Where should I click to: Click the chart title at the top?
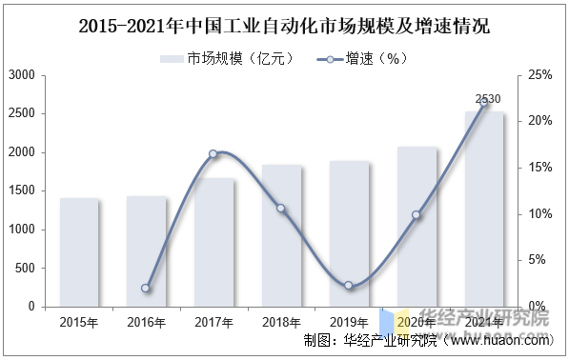click(x=284, y=24)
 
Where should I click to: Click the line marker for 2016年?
click(x=146, y=288)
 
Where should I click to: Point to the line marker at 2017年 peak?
click(x=213, y=153)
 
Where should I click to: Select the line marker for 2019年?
click(x=349, y=285)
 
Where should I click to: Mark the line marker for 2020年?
click(x=417, y=215)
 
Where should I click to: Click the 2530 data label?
click(x=488, y=99)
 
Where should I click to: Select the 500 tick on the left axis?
click(x=26, y=268)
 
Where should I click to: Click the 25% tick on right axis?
click(x=539, y=74)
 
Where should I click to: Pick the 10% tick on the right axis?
click(x=539, y=213)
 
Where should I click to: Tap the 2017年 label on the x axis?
click(x=213, y=322)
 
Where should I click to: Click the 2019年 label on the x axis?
click(x=349, y=322)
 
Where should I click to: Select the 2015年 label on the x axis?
click(x=78, y=322)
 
